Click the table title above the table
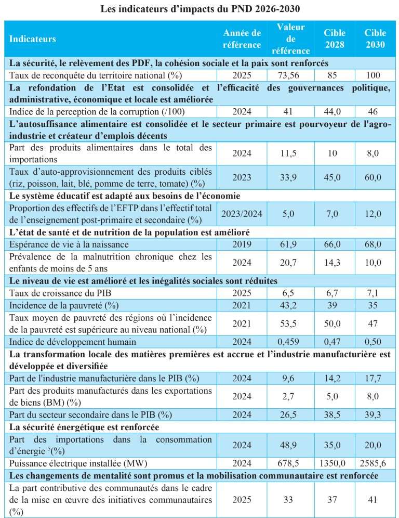[199, 9]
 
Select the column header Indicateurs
[33, 39]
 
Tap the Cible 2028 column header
[334, 39]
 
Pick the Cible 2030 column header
[375, 39]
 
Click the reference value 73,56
[291, 75]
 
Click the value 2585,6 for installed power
[375, 460]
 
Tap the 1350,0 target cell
[334, 460]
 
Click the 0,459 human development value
[291, 341]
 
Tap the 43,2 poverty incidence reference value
[291, 305]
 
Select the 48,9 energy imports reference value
[291, 445]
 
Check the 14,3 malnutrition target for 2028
[334, 263]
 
